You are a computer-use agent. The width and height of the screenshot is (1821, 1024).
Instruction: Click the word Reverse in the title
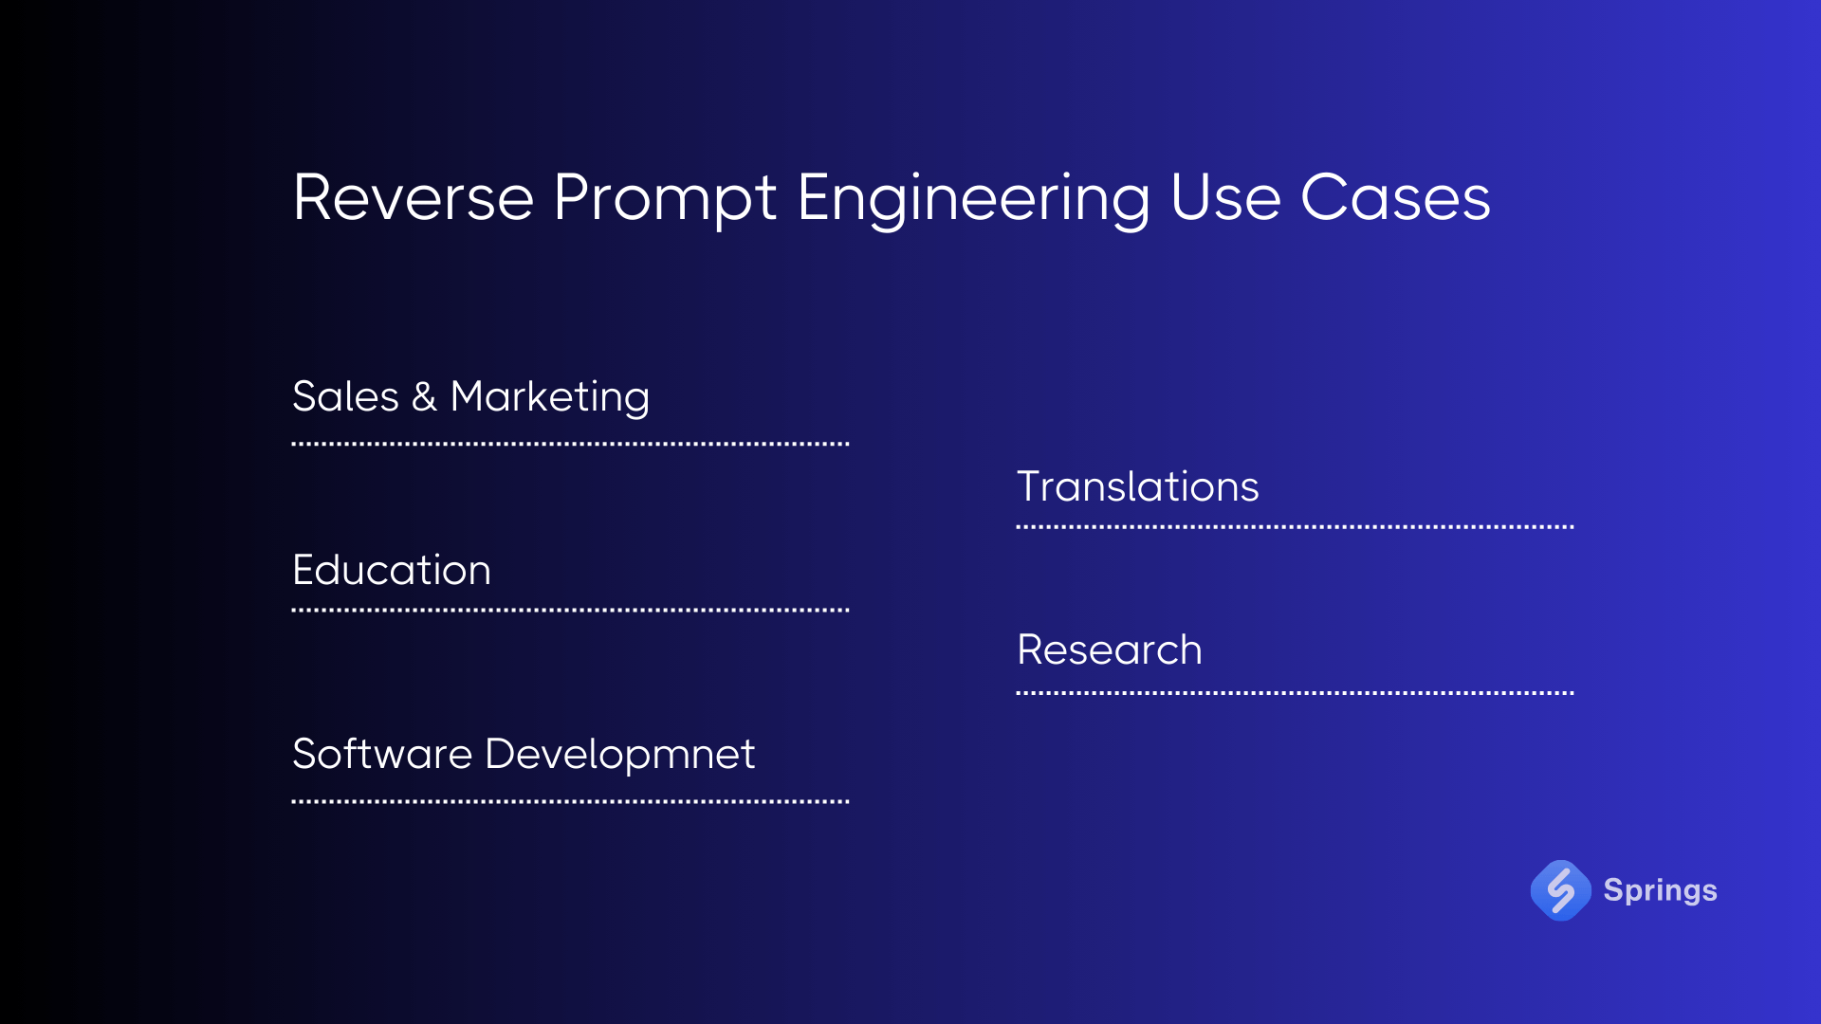(414, 198)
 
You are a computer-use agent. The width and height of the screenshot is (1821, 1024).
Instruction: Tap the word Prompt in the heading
(664, 198)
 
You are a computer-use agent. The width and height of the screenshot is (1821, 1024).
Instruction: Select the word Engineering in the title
(973, 198)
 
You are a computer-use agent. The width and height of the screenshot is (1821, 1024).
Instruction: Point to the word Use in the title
(1225, 198)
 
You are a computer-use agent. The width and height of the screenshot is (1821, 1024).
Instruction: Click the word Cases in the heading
(1395, 198)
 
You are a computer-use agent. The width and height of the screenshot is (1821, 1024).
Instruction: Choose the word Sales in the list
(345, 396)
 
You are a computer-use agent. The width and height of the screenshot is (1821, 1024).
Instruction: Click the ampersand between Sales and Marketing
(424, 397)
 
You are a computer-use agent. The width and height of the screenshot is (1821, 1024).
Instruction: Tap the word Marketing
(550, 397)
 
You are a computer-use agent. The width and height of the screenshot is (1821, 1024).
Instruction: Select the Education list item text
(392, 570)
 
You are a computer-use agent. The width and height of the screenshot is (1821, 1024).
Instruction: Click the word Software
(382, 755)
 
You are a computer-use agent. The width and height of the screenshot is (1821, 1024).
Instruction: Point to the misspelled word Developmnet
(619, 755)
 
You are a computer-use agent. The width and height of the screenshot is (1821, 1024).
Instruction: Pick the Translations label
(1137, 486)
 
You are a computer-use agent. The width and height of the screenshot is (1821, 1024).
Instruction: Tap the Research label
(1109, 650)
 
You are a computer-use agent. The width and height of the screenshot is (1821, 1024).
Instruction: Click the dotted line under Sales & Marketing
(570, 443)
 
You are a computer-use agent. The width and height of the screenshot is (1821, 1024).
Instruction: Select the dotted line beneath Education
(570, 610)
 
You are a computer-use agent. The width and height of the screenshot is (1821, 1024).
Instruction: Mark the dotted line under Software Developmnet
(570, 801)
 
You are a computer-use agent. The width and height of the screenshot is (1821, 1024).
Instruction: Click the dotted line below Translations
(1295, 526)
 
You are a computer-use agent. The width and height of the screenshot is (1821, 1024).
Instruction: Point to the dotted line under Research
(1295, 693)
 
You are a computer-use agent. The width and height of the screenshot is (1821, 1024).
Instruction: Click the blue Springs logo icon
(1560, 890)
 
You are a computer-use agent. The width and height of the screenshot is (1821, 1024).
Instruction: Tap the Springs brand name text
(1660, 890)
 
